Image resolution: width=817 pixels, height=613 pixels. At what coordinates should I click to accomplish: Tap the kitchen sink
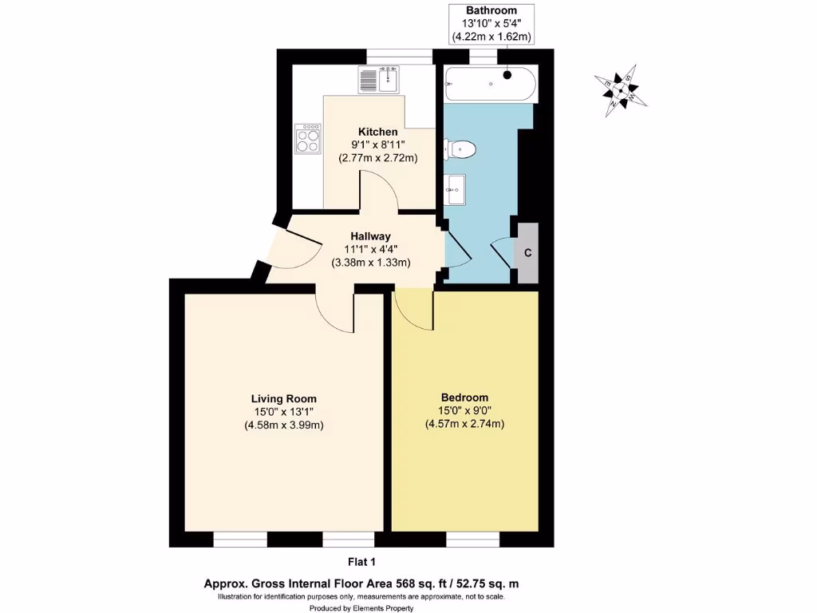pos(378,80)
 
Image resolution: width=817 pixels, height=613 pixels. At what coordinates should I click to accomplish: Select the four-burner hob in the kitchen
pos(307,139)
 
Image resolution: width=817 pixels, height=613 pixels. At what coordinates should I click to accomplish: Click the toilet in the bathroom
pos(461,148)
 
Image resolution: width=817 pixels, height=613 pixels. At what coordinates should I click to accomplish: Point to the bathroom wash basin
pos(456,190)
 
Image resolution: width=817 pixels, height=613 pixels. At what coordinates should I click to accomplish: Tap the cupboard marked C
pos(527,253)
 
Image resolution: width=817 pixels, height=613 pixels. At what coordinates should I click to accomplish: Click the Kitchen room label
pos(377,132)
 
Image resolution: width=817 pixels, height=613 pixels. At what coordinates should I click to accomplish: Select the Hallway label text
pos(370,236)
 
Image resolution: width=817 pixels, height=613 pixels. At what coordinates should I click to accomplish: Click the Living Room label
pos(283,398)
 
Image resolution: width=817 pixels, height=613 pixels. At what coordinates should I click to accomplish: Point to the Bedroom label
pos(464,397)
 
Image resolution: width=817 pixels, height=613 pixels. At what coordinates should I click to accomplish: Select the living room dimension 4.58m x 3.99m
pos(283,425)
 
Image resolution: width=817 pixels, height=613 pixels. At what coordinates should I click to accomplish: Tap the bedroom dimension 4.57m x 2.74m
pos(464,424)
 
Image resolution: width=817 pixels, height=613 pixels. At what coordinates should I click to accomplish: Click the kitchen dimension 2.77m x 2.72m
pos(377,158)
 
